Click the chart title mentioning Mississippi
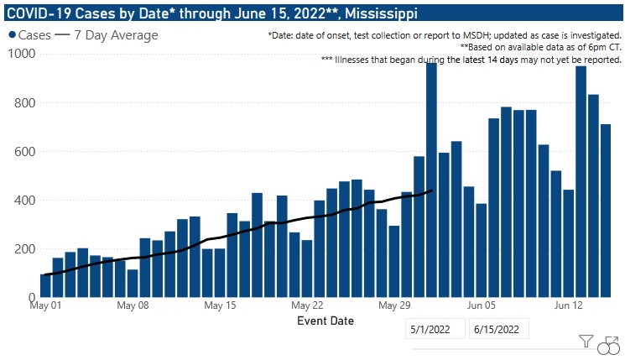210,14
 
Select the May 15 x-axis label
221,306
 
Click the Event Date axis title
326,321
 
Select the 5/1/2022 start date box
435,330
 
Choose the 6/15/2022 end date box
499,330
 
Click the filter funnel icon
586,342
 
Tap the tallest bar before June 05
431,180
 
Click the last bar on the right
606,211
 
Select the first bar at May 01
45,285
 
